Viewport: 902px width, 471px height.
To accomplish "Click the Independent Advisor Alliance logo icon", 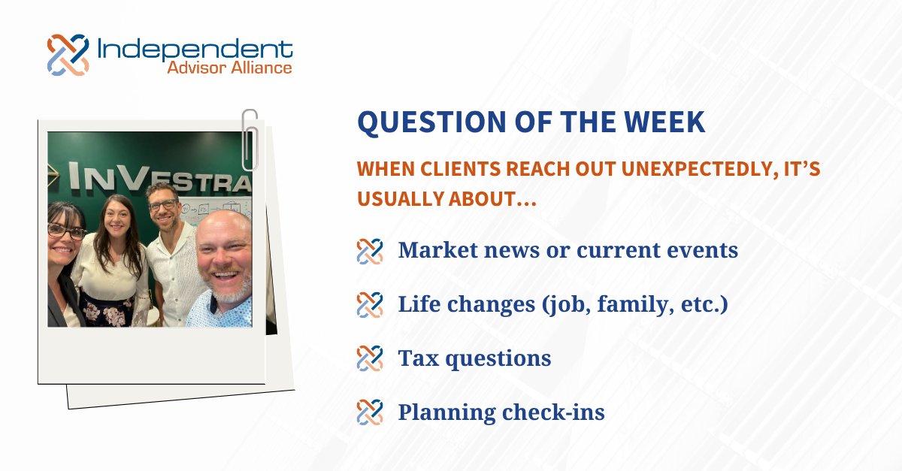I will (68, 55).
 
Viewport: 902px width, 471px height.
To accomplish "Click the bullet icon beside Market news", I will (370, 251).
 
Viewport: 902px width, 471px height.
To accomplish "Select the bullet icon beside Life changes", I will (370, 305).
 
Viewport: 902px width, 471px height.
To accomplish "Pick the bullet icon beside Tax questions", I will (370, 358).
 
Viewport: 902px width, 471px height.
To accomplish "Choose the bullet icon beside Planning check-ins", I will (370, 412).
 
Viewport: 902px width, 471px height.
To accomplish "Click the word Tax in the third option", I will (416, 358).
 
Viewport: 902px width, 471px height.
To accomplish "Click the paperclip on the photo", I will (250, 139).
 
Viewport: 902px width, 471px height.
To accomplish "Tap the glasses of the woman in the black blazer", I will (67, 231).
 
